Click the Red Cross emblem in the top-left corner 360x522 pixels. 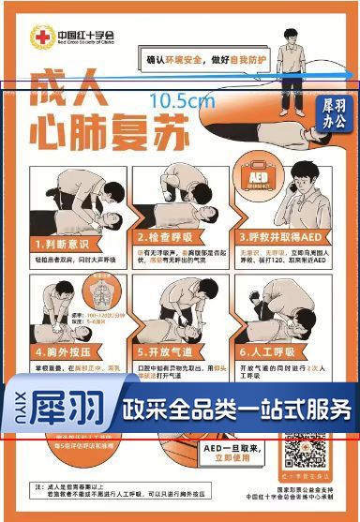click(x=40, y=37)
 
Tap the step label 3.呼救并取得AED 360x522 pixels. click(x=277, y=236)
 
